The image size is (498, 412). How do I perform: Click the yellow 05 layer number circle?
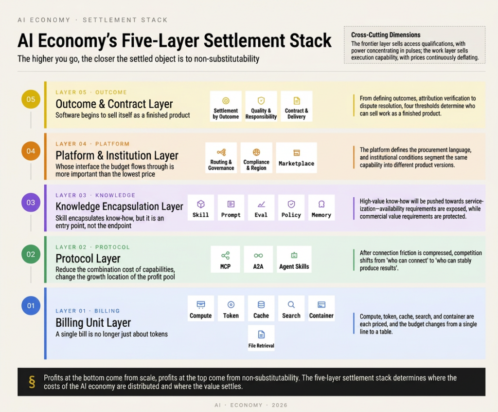coord(31,99)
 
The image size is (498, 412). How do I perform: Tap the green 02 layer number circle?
coord(31,254)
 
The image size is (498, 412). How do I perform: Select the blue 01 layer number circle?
coord(31,306)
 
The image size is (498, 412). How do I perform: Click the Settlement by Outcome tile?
coord(226,106)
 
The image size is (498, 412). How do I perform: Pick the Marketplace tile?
coord(296,158)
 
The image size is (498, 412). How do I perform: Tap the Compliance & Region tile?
coord(256,158)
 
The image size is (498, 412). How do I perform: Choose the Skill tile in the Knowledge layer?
coord(201,207)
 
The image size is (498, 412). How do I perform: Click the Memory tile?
coord(321,207)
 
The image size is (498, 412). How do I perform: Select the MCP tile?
coord(226,259)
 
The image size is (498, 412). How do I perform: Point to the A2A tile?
coord(258,259)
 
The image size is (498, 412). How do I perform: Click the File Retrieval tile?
coord(261,338)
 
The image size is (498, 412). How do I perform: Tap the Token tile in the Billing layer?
coord(231,308)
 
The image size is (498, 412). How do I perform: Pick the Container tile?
coord(321,308)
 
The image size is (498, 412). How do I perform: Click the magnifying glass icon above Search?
coord(291,305)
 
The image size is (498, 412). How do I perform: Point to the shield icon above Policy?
coord(291,204)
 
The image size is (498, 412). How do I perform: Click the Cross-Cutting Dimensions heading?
coord(386,35)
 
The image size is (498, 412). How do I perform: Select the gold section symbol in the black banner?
coord(32,382)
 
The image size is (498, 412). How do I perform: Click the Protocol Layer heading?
coord(88,258)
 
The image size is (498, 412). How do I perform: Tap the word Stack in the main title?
coord(310,41)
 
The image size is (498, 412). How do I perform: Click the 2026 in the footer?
coord(280,405)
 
